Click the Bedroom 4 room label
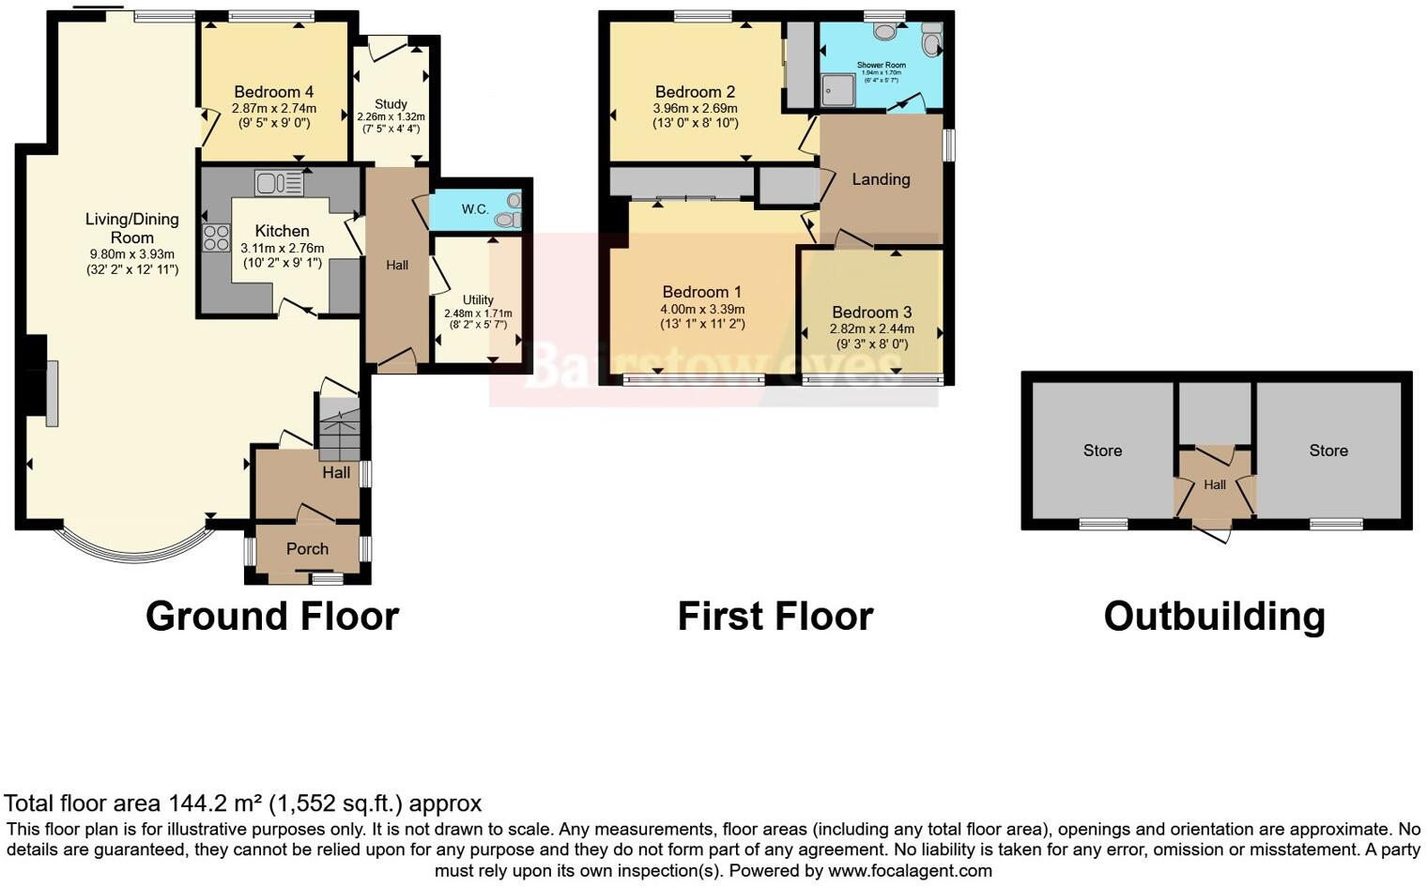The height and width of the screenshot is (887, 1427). click(x=273, y=92)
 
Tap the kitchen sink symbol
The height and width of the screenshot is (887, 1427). click(x=278, y=183)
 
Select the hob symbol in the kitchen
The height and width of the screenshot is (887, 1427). click(x=217, y=238)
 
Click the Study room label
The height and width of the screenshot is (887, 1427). click(x=391, y=104)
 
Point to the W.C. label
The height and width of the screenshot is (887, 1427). click(x=475, y=208)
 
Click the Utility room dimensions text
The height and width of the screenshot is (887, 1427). click(x=478, y=319)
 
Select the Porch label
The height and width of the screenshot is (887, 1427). click(x=307, y=549)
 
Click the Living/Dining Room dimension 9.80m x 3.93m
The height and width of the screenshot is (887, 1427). click(x=132, y=254)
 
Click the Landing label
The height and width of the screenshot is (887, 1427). click(x=881, y=179)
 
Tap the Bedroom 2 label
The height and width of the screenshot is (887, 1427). click(x=695, y=92)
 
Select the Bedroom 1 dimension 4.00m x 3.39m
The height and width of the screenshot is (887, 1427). click(x=702, y=309)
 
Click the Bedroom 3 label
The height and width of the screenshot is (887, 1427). click(x=871, y=313)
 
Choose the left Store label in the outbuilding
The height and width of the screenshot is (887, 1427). click(x=1102, y=451)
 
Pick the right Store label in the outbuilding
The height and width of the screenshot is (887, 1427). click(x=1328, y=451)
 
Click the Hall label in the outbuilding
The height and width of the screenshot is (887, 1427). click(x=1215, y=485)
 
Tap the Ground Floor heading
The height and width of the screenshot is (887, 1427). click(x=272, y=617)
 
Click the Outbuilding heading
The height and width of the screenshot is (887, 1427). click(x=1214, y=617)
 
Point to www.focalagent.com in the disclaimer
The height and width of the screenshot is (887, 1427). click(x=910, y=870)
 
